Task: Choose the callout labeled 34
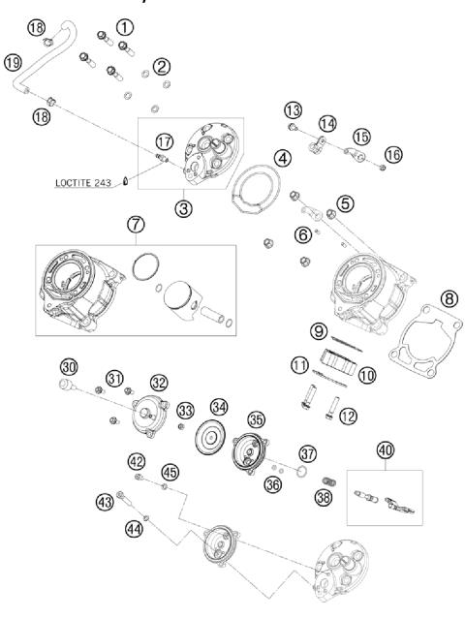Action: coord(220,407)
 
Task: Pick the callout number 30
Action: coord(68,368)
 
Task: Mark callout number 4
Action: coord(282,157)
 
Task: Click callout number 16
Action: coord(391,155)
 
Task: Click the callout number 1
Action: coord(125,24)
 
